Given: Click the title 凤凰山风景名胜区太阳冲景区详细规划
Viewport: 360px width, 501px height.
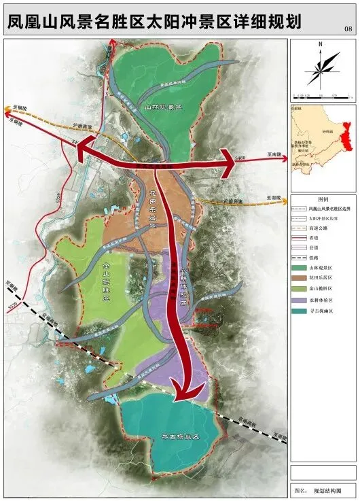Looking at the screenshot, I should pyautogui.click(x=154, y=22).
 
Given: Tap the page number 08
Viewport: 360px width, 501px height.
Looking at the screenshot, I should pyautogui.click(x=348, y=29).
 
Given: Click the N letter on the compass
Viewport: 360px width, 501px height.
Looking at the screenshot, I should pyautogui.click(x=319, y=45).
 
